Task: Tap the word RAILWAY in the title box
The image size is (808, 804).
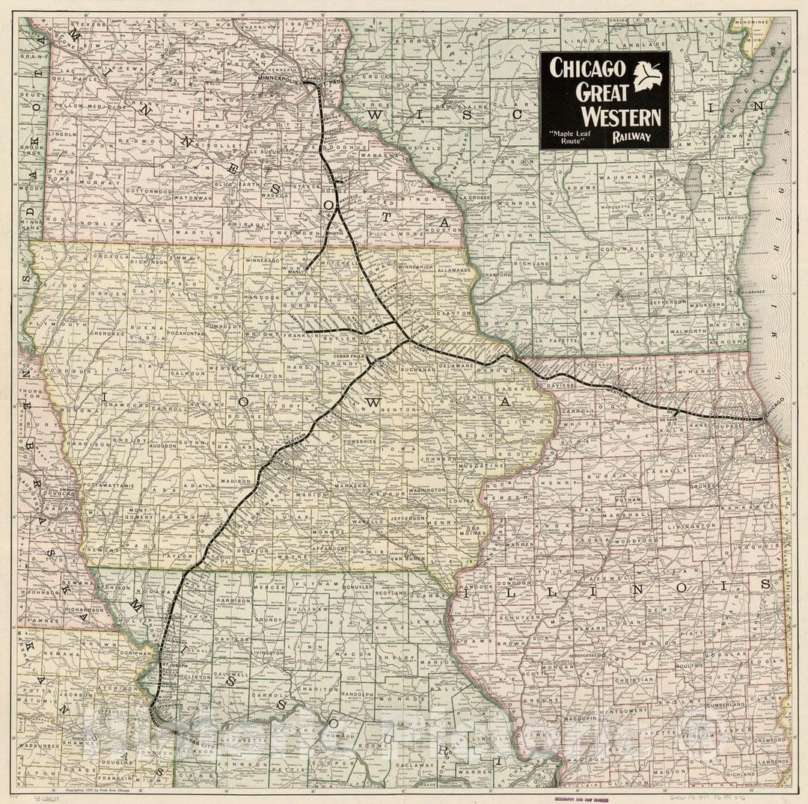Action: click(x=631, y=138)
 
